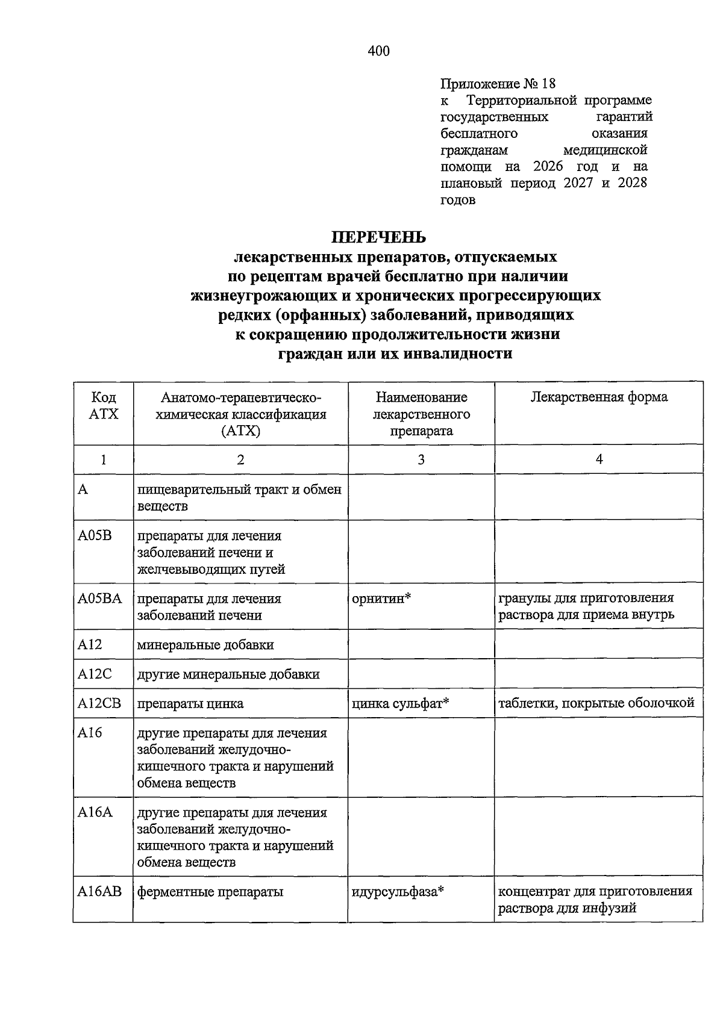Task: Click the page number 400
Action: coord(378,51)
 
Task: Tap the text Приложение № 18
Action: coord(498,83)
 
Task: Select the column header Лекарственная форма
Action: coord(598,397)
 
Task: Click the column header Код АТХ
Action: coord(104,406)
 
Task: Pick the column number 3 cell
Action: coord(421,460)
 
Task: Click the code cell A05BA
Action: coord(100,599)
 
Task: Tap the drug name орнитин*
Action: coord(381,599)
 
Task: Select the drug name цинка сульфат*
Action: coord(401,703)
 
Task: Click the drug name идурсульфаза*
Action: coord(398,892)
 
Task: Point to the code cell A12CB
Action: coord(99,703)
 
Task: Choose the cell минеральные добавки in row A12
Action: coord(205,645)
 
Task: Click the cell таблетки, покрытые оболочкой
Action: coord(596,703)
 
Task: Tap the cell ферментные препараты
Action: coord(210,892)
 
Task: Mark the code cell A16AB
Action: coord(99,892)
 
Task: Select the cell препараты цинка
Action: coord(190,703)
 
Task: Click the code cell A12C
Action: coord(95,674)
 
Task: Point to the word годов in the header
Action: coord(458,200)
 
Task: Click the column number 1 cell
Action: coord(104,460)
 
